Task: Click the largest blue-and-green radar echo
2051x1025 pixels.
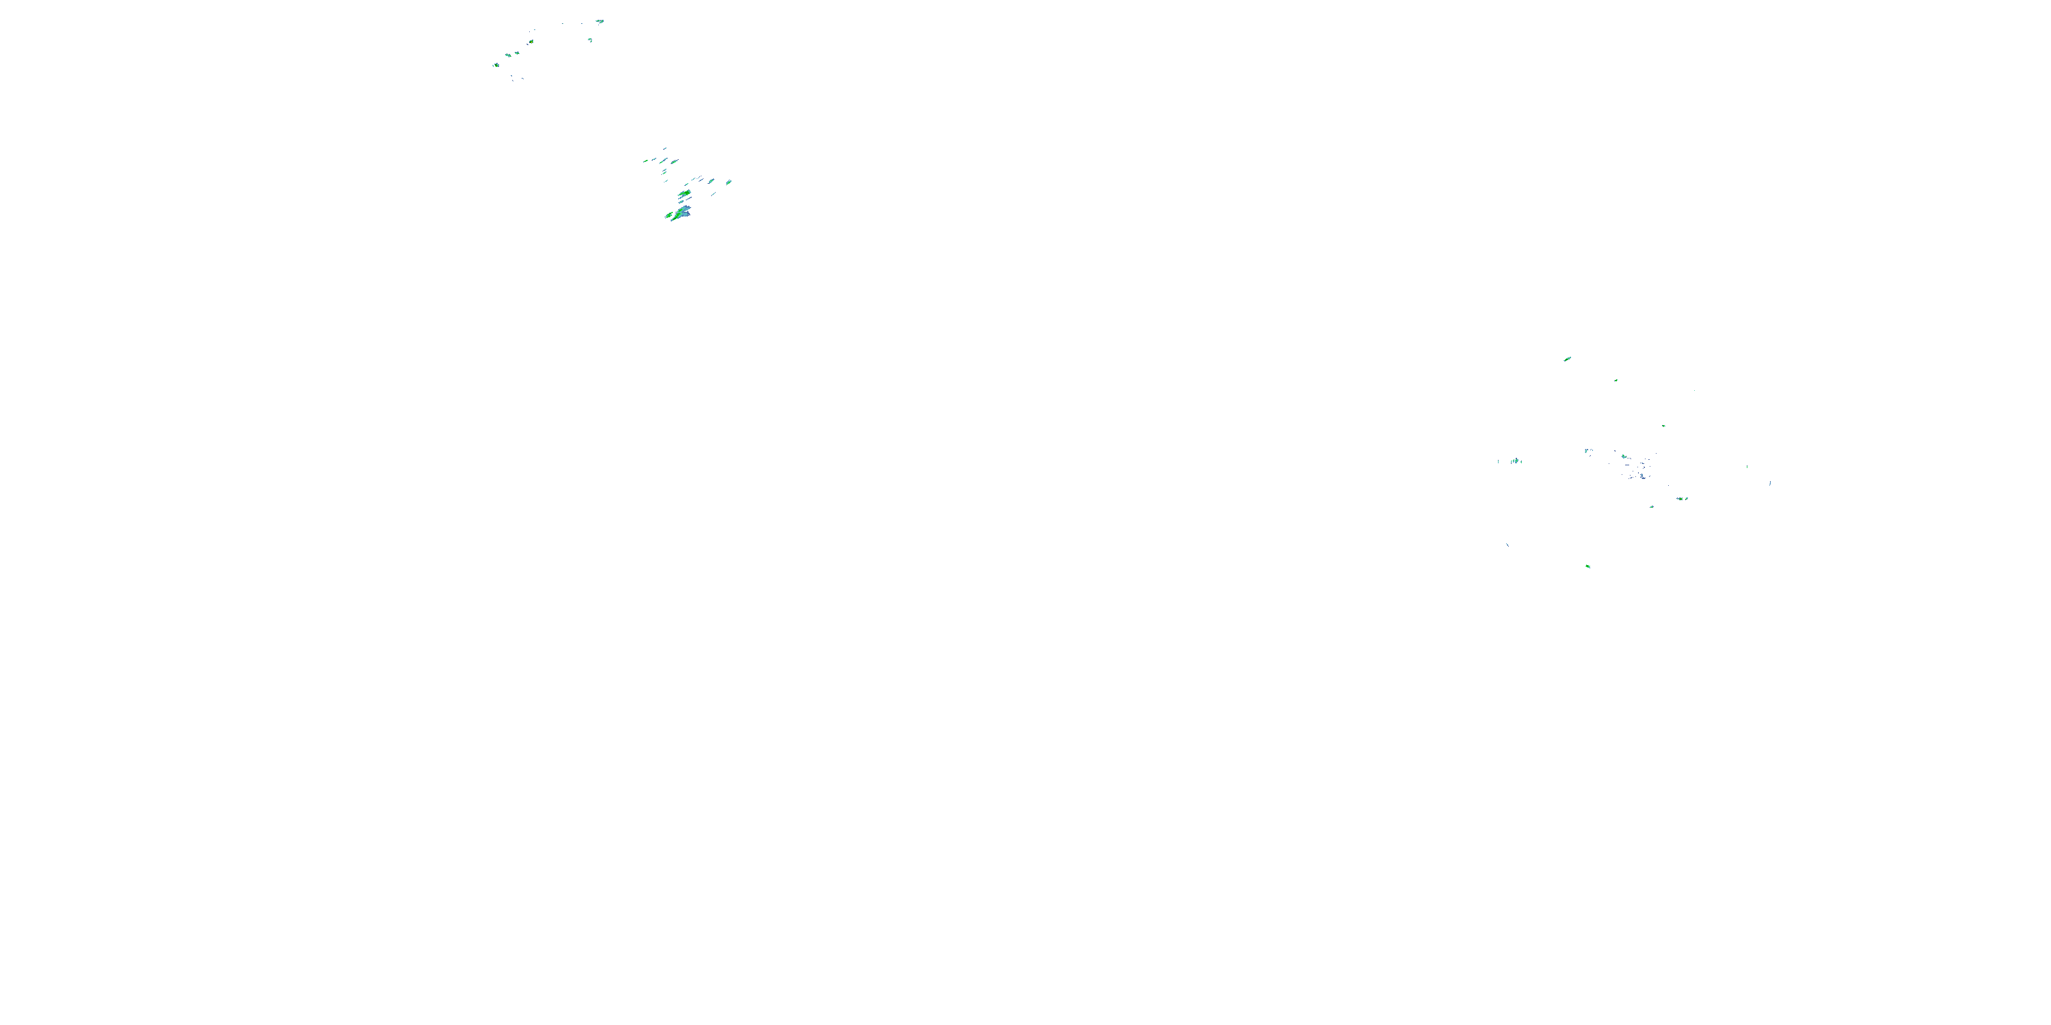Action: pos(682,212)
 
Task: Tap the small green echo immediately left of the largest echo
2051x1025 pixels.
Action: pos(668,215)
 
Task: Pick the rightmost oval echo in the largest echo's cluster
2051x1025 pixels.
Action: pos(729,182)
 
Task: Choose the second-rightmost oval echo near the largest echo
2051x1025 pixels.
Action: pos(711,180)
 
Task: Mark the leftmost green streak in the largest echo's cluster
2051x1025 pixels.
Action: pos(645,161)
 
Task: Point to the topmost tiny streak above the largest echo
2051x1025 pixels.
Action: pos(665,148)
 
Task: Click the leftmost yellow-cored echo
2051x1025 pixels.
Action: pos(496,65)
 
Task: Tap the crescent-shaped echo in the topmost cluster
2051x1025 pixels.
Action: pos(590,40)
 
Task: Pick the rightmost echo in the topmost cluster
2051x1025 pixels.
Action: pos(600,21)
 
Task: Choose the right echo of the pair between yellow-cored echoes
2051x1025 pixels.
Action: pos(517,53)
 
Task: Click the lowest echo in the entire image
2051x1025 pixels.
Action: pos(1587,566)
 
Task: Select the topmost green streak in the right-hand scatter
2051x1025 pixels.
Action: pos(1567,359)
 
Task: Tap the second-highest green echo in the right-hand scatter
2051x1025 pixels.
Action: pos(1616,381)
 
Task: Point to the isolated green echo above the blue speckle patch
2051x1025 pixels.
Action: pos(1663,426)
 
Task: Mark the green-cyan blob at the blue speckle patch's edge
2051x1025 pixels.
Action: pos(1624,456)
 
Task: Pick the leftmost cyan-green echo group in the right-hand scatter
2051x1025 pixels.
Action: pos(1515,461)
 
